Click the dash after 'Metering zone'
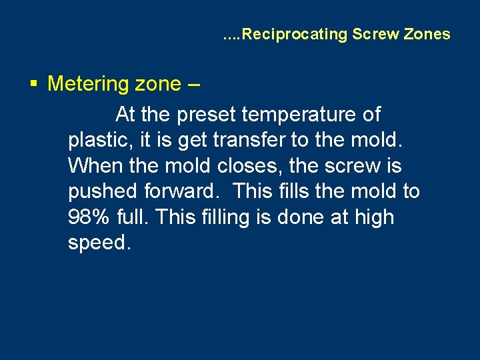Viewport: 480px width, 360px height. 192,84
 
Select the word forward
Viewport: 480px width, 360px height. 181,192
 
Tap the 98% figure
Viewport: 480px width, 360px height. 89,217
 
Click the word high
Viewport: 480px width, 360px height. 375,217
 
